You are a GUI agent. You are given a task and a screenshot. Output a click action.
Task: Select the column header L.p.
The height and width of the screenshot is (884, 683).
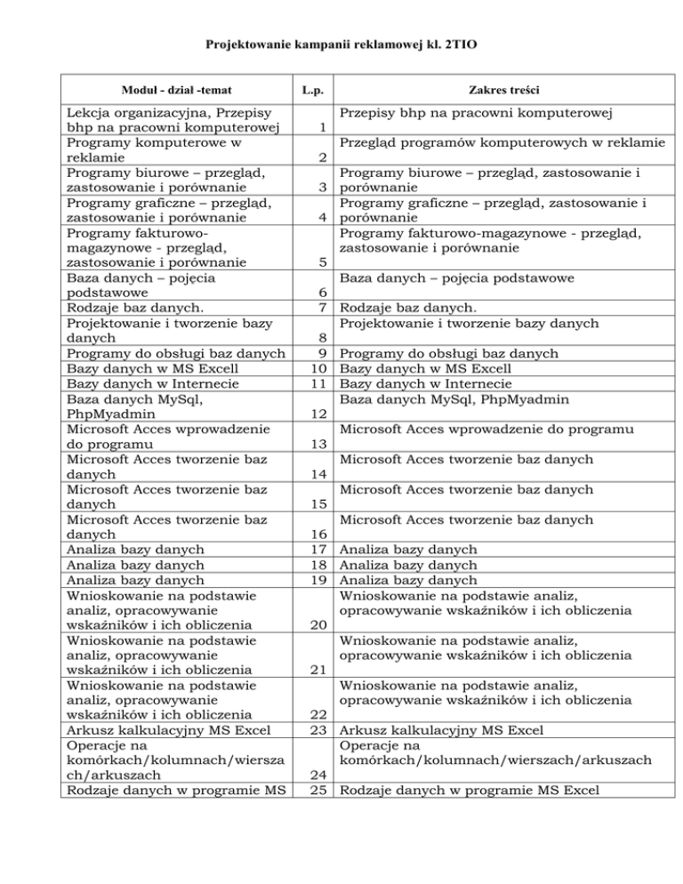(x=311, y=90)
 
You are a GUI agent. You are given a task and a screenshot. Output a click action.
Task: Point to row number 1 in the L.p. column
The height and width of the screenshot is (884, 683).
(x=320, y=128)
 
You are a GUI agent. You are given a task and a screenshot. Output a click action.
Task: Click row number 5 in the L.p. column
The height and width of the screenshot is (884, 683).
(x=320, y=263)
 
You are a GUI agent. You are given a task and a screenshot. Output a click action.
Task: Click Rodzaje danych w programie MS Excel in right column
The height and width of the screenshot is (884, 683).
(x=470, y=791)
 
